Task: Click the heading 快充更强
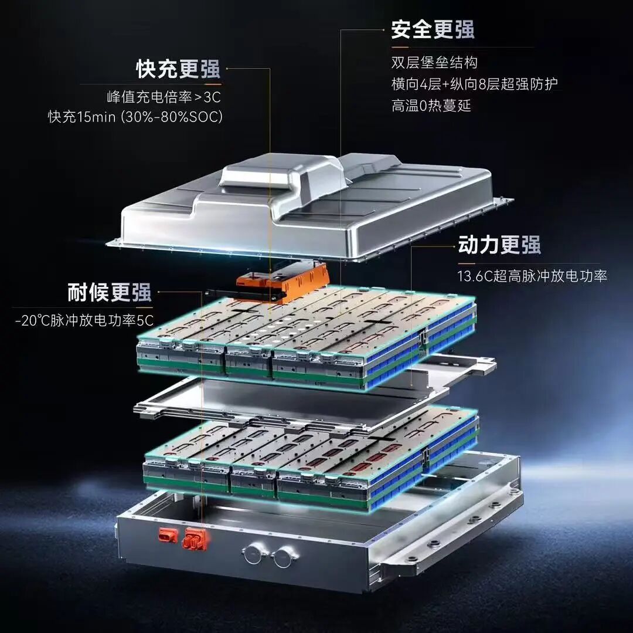click(x=178, y=69)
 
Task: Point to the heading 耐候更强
click(x=110, y=292)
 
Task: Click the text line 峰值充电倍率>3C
click(x=164, y=97)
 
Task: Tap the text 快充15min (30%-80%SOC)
click(x=135, y=117)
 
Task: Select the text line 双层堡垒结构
click(x=434, y=63)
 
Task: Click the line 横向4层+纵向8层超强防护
click(x=474, y=84)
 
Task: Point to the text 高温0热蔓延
click(x=431, y=106)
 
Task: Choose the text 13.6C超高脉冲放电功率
click(x=532, y=276)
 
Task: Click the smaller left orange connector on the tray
click(x=166, y=534)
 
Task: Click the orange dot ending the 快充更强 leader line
click(x=227, y=69)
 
